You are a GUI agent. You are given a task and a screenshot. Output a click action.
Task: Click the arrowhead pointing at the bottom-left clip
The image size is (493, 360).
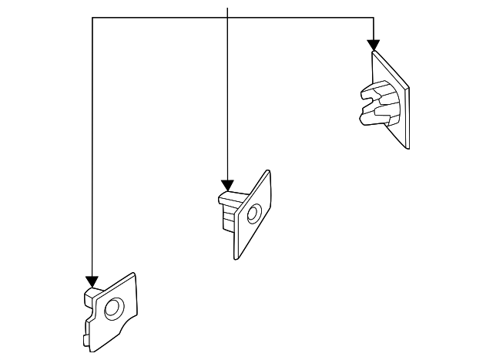(92, 281)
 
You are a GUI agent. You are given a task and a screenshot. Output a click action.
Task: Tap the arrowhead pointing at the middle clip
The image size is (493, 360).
(227, 185)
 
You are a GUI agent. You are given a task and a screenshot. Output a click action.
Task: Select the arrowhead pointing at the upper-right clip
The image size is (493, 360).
(374, 45)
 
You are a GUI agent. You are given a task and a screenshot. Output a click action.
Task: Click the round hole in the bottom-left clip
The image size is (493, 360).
(112, 310)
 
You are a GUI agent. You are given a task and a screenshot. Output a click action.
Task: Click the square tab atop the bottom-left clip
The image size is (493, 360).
(91, 294)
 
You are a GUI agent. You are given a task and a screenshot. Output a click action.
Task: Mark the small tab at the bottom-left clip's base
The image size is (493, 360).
(84, 339)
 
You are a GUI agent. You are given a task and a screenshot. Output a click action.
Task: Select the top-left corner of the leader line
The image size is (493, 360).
(92, 18)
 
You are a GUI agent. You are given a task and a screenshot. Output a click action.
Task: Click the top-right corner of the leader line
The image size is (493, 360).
(374, 18)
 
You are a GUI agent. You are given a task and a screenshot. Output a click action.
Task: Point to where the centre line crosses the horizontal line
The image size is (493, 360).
(227, 18)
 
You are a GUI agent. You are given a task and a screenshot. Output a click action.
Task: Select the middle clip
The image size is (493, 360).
(244, 214)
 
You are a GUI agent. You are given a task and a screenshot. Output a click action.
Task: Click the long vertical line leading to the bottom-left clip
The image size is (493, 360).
(92, 154)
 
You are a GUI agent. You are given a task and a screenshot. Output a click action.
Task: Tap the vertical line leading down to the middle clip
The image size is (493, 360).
(227, 100)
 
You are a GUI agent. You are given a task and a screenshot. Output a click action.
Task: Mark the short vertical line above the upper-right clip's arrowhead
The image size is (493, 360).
(374, 29)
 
